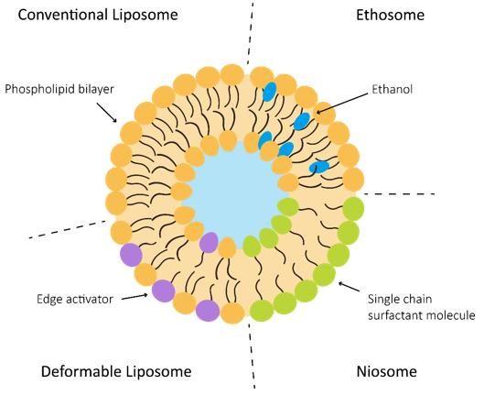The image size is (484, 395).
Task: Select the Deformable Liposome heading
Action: [116, 371]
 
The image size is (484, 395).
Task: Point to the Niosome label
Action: [386, 371]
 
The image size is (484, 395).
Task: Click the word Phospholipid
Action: [40, 89]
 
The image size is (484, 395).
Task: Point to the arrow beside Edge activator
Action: [134, 296]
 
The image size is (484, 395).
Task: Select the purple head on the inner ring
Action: [209, 243]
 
